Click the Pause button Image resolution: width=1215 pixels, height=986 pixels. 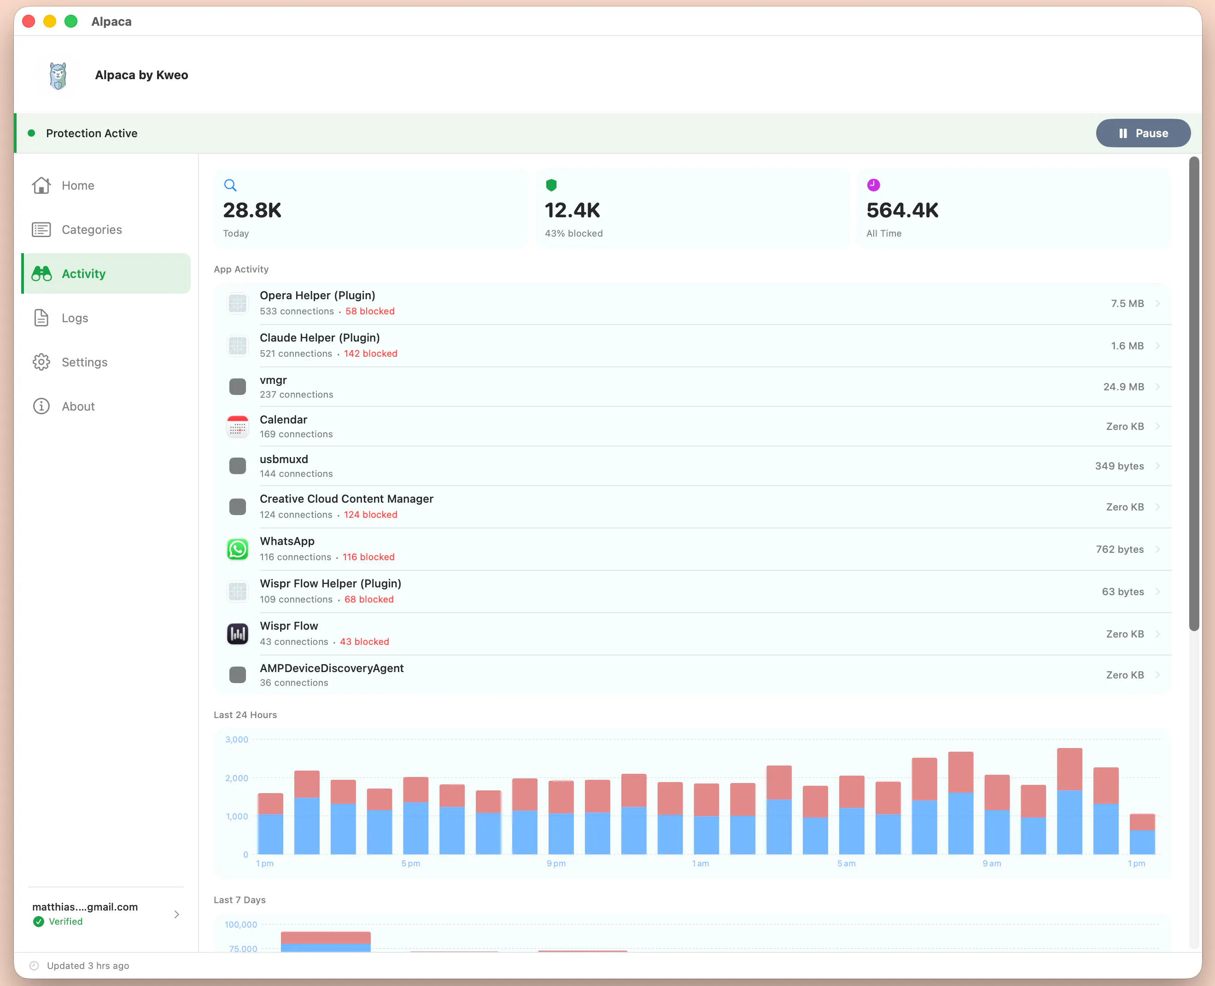1143,133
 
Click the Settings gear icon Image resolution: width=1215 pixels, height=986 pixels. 41,362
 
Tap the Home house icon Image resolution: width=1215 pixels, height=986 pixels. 41,185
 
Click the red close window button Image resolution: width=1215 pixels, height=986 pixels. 29,21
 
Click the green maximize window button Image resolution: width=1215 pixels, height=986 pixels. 71,21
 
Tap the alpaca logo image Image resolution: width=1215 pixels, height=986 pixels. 58,75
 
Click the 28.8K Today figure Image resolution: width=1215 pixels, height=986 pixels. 252,210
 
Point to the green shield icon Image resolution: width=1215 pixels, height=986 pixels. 551,185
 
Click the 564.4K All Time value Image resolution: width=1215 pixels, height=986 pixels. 902,210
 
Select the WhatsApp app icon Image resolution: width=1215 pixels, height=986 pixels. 238,549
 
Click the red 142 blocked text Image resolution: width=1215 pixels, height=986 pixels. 370,353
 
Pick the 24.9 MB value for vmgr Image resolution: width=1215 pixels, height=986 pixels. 1123,387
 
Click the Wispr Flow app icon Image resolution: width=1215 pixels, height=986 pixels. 238,634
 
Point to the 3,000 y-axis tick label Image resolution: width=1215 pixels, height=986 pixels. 236,739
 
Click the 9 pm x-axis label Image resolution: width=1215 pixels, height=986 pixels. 556,863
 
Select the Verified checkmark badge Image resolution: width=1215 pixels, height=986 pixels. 39,921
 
